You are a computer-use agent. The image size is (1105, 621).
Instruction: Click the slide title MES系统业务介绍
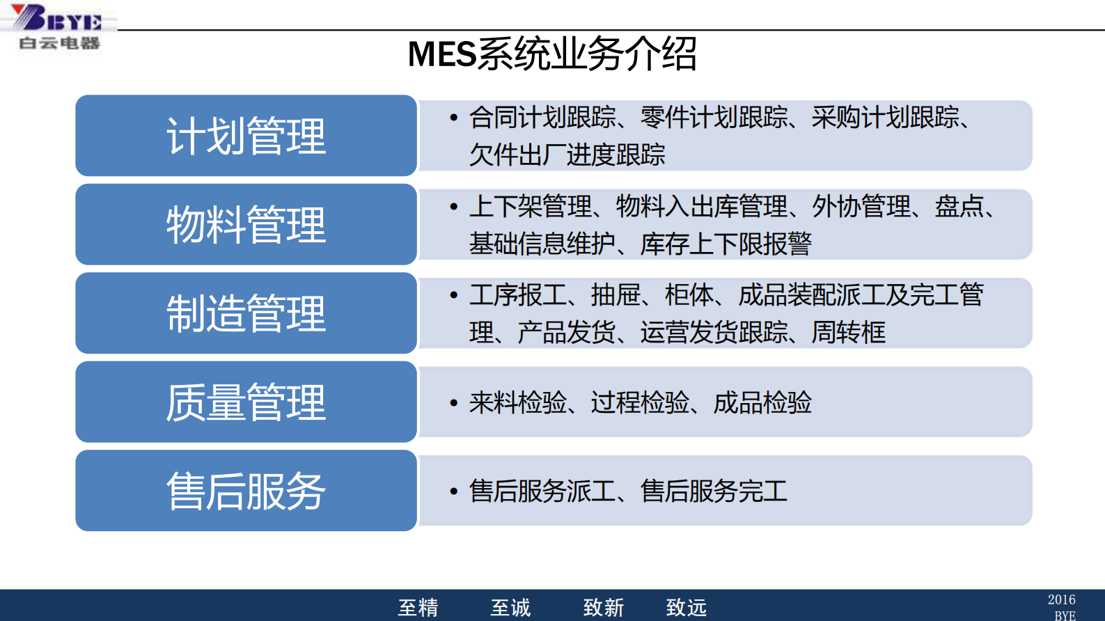click(x=551, y=54)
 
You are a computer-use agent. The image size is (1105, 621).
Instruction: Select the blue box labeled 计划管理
click(x=246, y=136)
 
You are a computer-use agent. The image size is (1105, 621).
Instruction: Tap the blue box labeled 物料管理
click(x=246, y=224)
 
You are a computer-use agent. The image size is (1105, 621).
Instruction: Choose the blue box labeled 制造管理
click(x=246, y=313)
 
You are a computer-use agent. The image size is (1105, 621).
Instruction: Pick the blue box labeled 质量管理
click(x=246, y=402)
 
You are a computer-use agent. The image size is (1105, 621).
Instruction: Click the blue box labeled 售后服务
click(x=246, y=491)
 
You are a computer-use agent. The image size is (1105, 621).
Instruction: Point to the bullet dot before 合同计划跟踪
click(x=454, y=118)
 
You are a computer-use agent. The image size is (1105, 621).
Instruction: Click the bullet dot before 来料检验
click(x=454, y=403)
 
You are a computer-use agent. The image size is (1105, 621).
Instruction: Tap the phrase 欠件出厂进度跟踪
click(x=567, y=155)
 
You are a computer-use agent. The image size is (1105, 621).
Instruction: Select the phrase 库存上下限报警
click(x=726, y=244)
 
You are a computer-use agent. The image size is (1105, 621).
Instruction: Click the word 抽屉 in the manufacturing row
click(x=616, y=295)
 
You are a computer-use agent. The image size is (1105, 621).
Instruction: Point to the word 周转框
click(x=848, y=332)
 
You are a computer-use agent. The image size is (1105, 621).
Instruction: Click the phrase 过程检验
click(x=639, y=402)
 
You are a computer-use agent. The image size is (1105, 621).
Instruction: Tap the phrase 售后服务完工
click(x=714, y=492)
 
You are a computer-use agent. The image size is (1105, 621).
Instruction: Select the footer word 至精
click(x=418, y=608)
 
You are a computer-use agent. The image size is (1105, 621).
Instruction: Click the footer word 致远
click(x=686, y=608)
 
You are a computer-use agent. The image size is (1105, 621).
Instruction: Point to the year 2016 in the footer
click(x=1061, y=599)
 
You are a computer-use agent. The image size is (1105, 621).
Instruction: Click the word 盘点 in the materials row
click(x=959, y=207)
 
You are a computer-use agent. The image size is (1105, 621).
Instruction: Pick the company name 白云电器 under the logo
click(x=59, y=43)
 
